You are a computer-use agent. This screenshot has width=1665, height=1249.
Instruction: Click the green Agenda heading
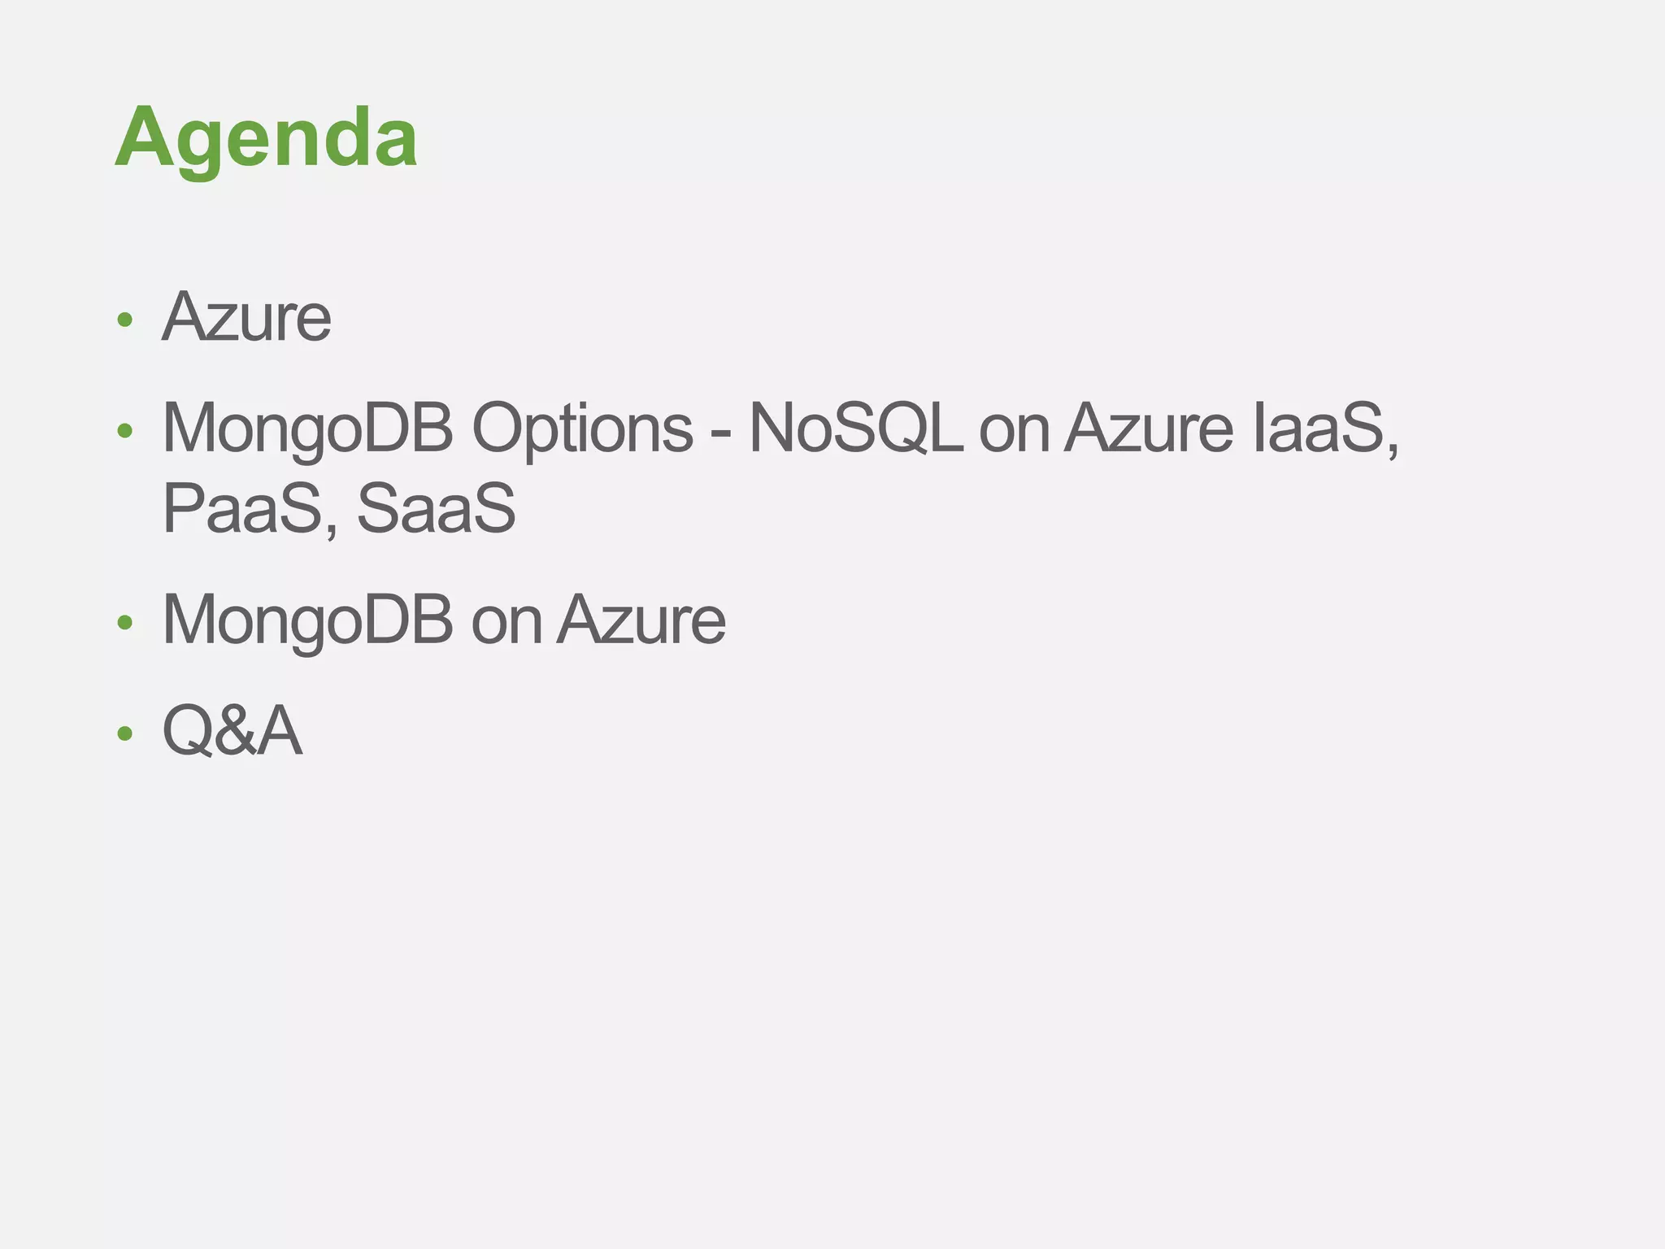click(266, 137)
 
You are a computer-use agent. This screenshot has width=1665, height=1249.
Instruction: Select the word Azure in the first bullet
click(246, 317)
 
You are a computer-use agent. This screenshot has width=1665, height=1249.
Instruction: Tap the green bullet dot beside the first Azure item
click(124, 320)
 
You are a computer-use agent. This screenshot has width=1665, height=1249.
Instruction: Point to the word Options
click(582, 429)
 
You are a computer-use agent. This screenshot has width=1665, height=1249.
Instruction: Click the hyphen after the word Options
click(720, 432)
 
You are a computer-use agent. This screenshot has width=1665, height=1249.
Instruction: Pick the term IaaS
click(1319, 429)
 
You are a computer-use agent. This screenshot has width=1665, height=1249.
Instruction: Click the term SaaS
click(436, 508)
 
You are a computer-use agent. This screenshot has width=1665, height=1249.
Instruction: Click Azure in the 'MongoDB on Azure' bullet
click(642, 620)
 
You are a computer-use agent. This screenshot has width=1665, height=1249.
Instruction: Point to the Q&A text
click(233, 731)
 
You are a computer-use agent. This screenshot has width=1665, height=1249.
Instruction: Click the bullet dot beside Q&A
click(124, 734)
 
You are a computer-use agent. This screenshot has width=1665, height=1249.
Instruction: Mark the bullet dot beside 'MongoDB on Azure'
click(124, 624)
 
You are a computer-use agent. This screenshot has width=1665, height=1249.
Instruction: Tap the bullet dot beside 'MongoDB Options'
click(124, 431)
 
